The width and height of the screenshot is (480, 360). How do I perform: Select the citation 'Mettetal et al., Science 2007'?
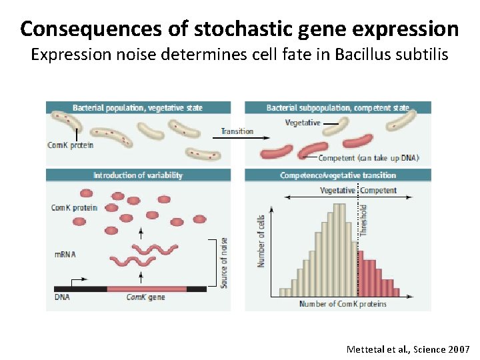point(408,349)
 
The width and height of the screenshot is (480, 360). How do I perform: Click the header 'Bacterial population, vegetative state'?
point(138,107)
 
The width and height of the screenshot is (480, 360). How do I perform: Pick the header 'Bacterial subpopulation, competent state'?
point(337,107)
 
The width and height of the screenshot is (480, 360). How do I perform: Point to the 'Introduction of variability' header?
point(138,175)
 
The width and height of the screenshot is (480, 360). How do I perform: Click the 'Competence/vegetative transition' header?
point(337,175)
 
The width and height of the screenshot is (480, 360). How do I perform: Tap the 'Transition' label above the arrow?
point(237,131)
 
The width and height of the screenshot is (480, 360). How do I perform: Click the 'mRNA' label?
point(65,254)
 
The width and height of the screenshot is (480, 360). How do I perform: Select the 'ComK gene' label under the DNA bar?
point(145,297)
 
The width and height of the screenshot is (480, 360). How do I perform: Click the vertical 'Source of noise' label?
point(224,263)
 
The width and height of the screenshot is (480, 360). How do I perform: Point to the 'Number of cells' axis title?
point(261,241)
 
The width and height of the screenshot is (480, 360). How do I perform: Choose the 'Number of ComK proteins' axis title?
point(343,304)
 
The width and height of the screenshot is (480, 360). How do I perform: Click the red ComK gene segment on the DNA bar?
point(147,288)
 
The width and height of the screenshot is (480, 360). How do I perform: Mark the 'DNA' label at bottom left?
point(61,297)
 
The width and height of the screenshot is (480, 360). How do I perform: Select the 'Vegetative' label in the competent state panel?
point(303,123)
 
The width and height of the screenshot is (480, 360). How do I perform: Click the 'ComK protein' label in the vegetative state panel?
point(71,145)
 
